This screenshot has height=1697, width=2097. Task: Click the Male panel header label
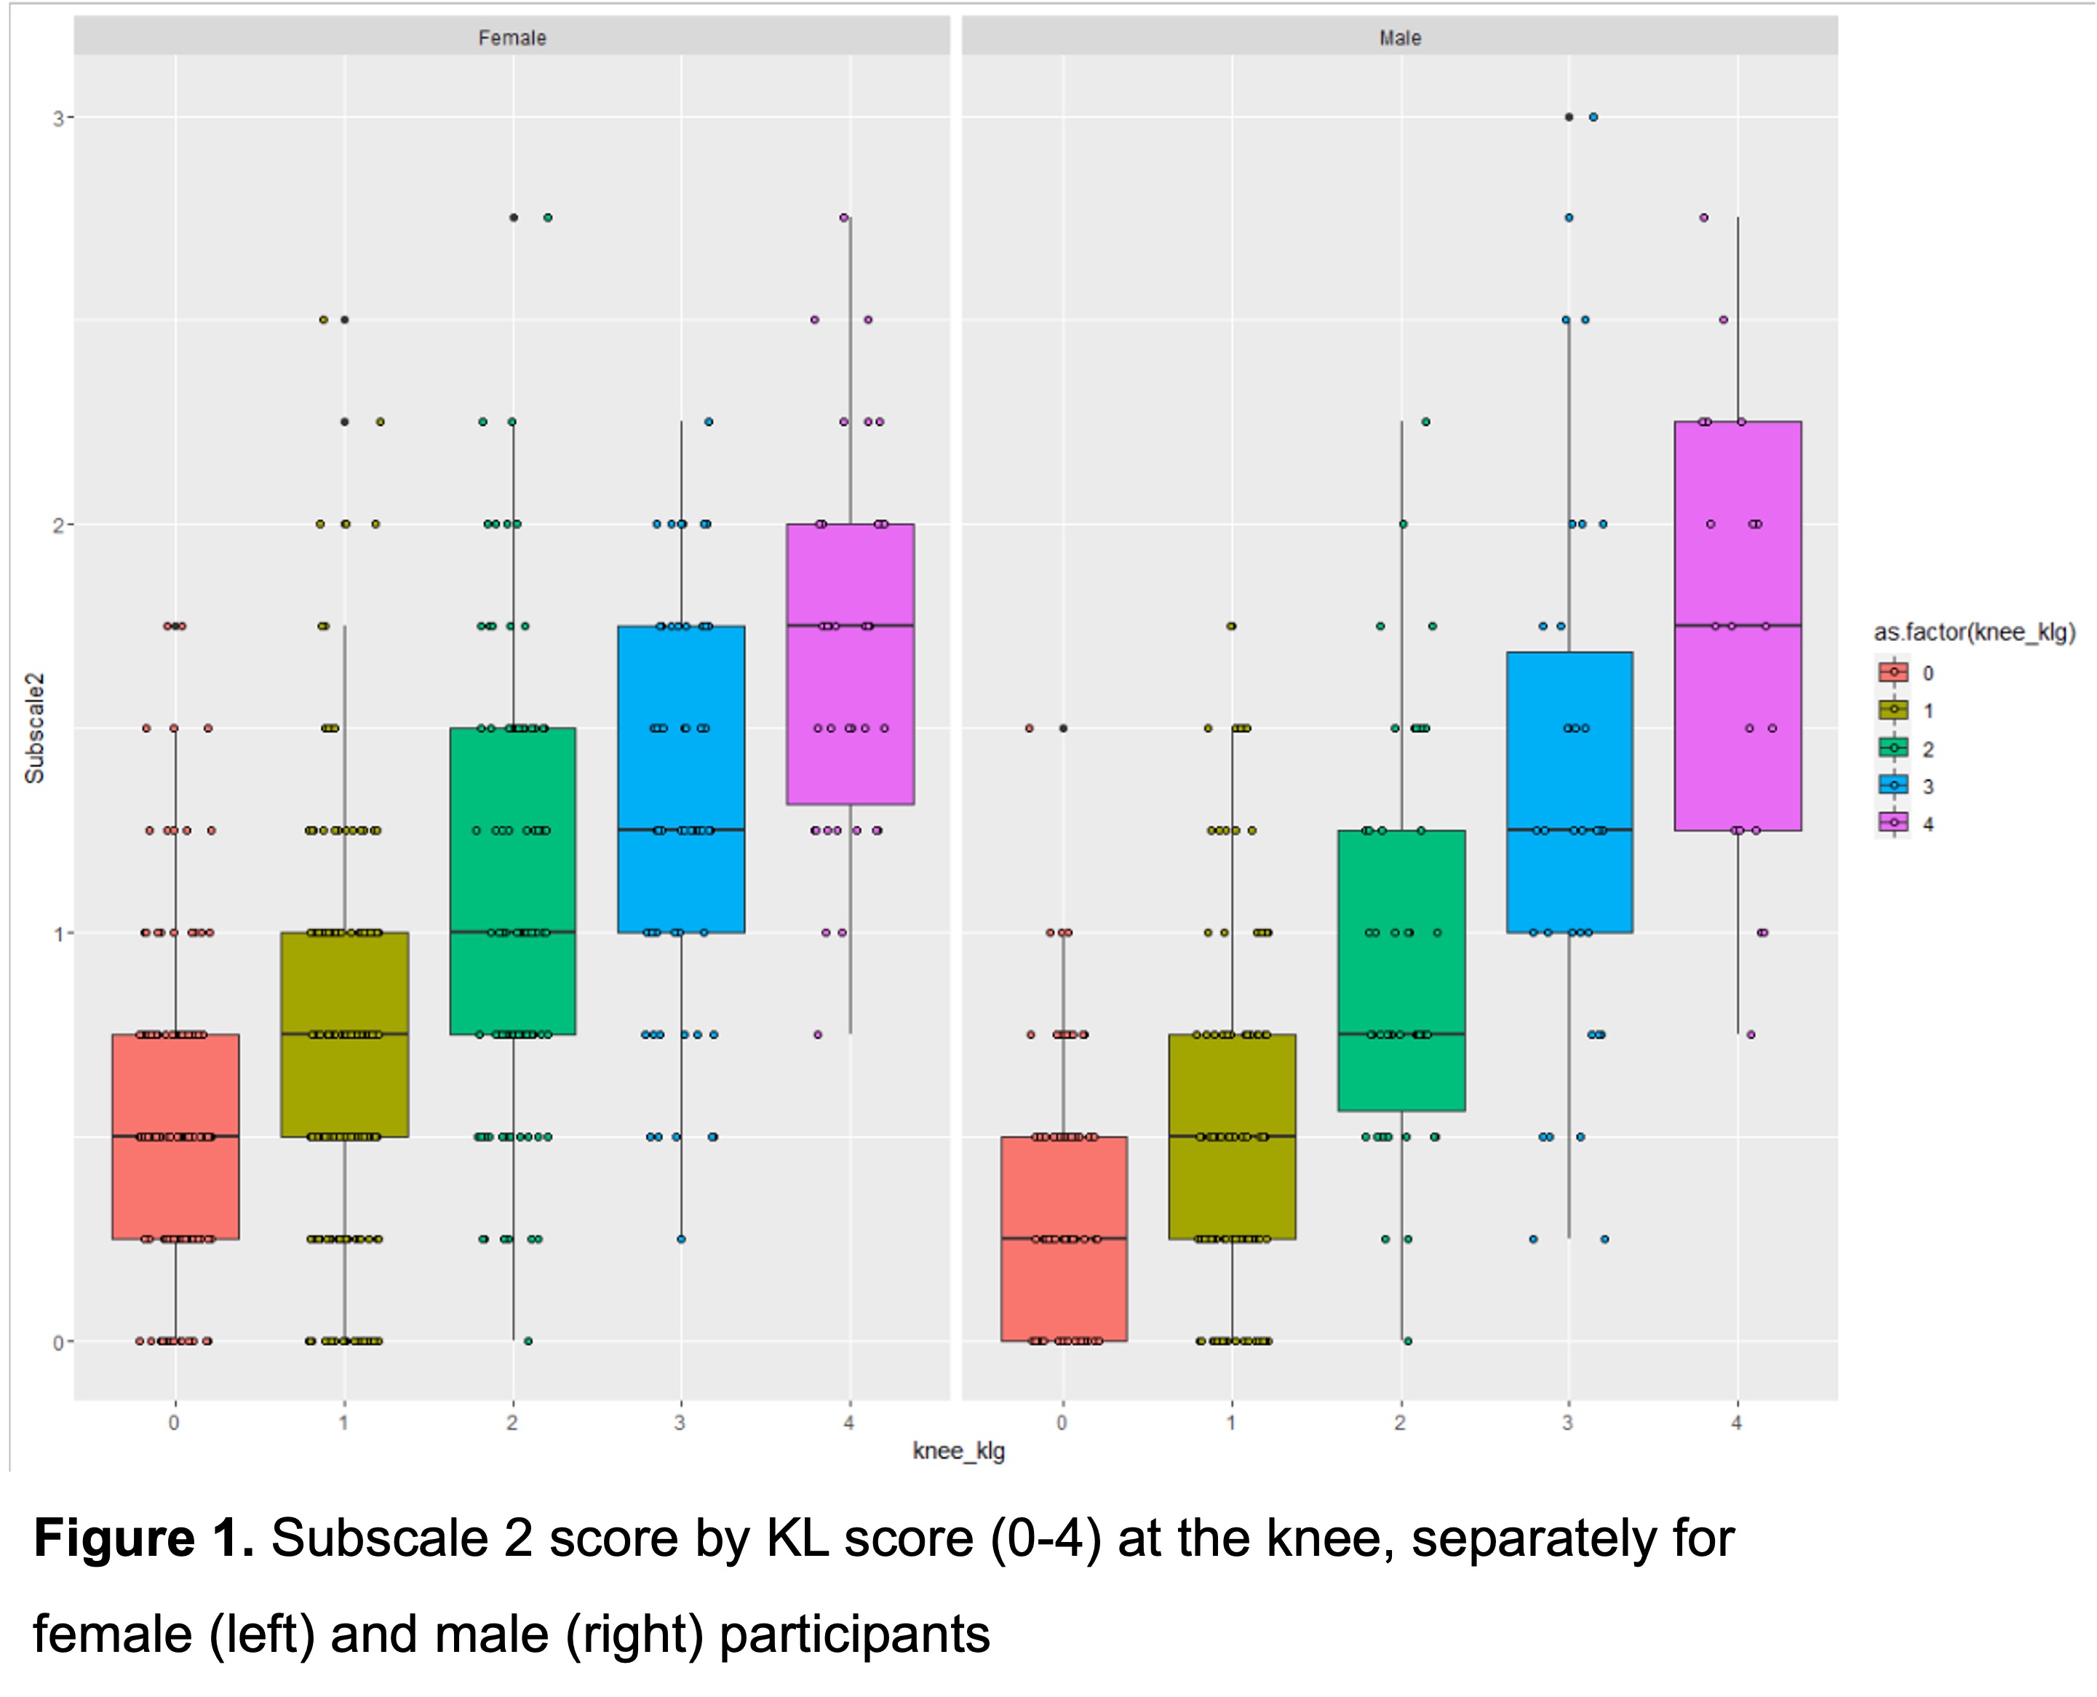(x=1399, y=38)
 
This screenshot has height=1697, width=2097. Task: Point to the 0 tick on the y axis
(x=59, y=1342)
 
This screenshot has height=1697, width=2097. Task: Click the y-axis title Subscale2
(x=35, y=728)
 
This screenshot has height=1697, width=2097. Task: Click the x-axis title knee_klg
(x=958, y=1450)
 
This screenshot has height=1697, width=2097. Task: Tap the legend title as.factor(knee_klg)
(x=1974, y=632)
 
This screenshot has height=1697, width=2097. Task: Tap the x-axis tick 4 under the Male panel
(x=1736, y=1423)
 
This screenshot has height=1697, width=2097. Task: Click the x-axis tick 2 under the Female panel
(x=512, y=1423)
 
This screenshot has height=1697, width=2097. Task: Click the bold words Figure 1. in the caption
(x=143, y=1538)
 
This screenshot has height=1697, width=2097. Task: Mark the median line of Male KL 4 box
(x=1738, y=624)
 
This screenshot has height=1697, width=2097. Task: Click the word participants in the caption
(x=854, y=1634)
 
